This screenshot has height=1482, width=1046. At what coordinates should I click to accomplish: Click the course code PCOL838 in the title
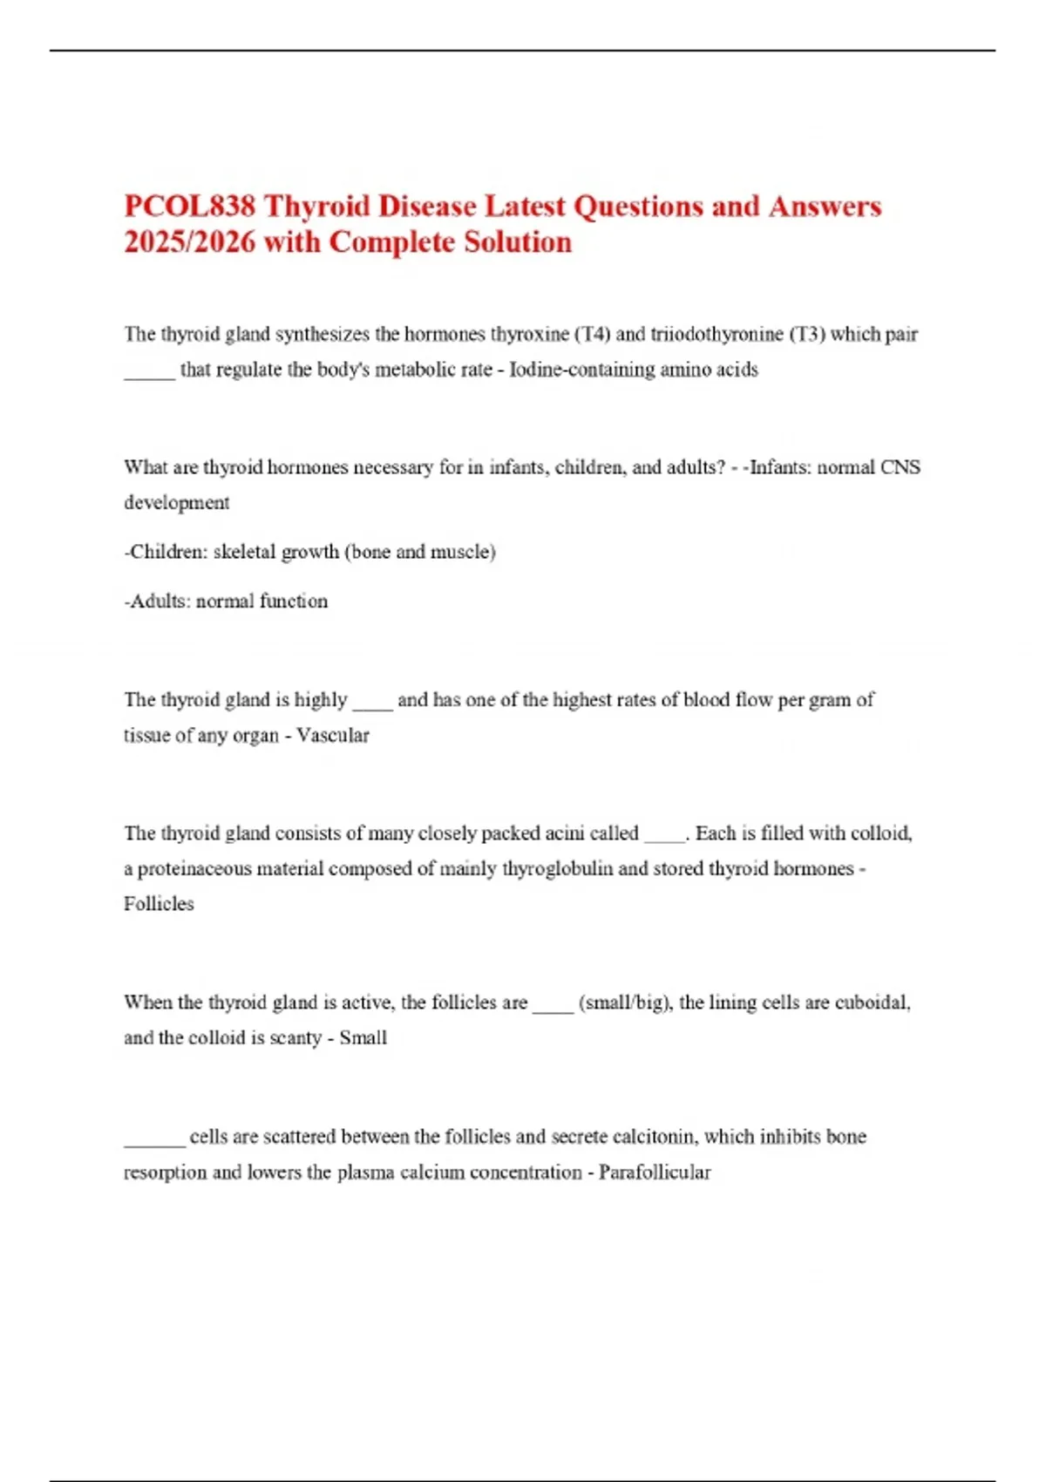point(190,207)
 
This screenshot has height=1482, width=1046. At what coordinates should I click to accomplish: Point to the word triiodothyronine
point(717,334)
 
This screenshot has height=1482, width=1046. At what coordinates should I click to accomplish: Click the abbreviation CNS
point(900,467)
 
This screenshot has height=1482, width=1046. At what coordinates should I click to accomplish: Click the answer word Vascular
point(332,736)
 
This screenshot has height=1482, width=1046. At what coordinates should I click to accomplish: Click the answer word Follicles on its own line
point(159,904)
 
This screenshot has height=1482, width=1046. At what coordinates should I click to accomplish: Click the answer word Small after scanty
point(363,1038)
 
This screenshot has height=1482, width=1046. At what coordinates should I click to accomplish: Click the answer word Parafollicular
point(654,1173)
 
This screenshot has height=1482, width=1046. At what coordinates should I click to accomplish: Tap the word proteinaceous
point(194,869)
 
